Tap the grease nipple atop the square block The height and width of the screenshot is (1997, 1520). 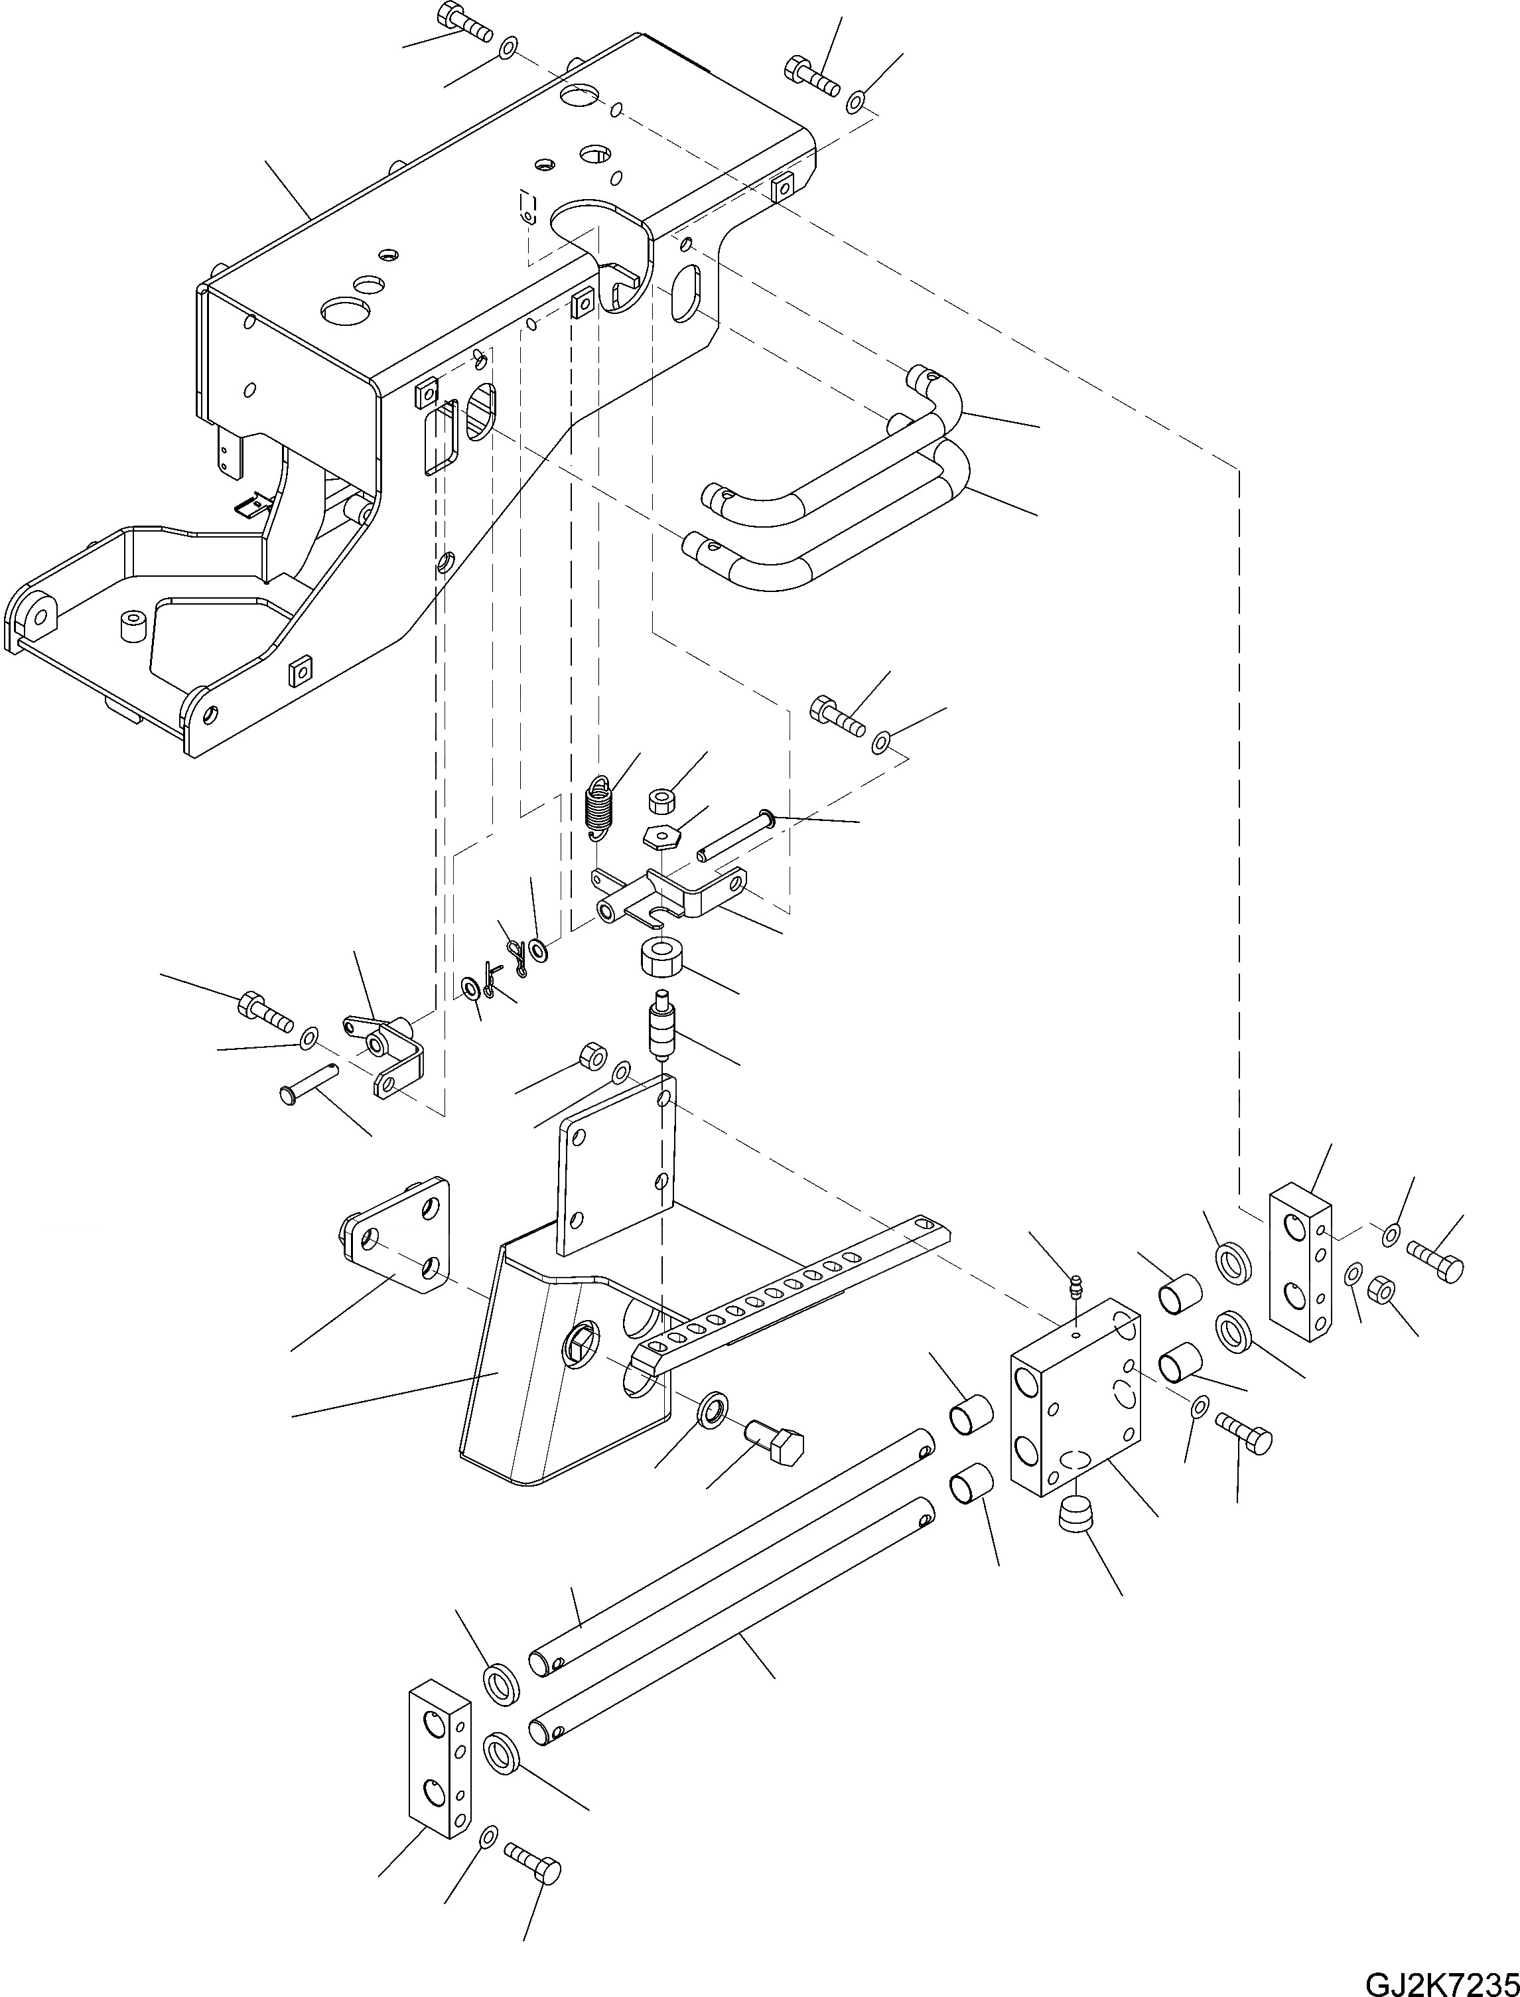pos(1075,1286)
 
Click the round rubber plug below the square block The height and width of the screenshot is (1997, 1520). pos(1073,1513)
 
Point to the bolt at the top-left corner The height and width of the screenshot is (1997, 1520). pos(462,23)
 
